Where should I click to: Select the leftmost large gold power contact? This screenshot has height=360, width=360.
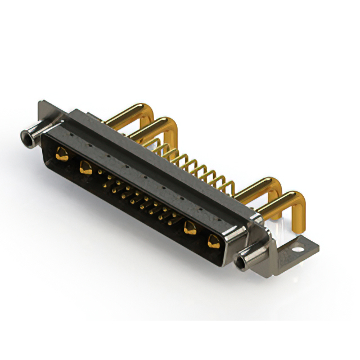[x=62, y=154]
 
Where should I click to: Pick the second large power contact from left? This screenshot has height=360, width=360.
[x=86, y=166]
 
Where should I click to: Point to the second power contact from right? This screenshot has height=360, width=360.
[x=190, y=228]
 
